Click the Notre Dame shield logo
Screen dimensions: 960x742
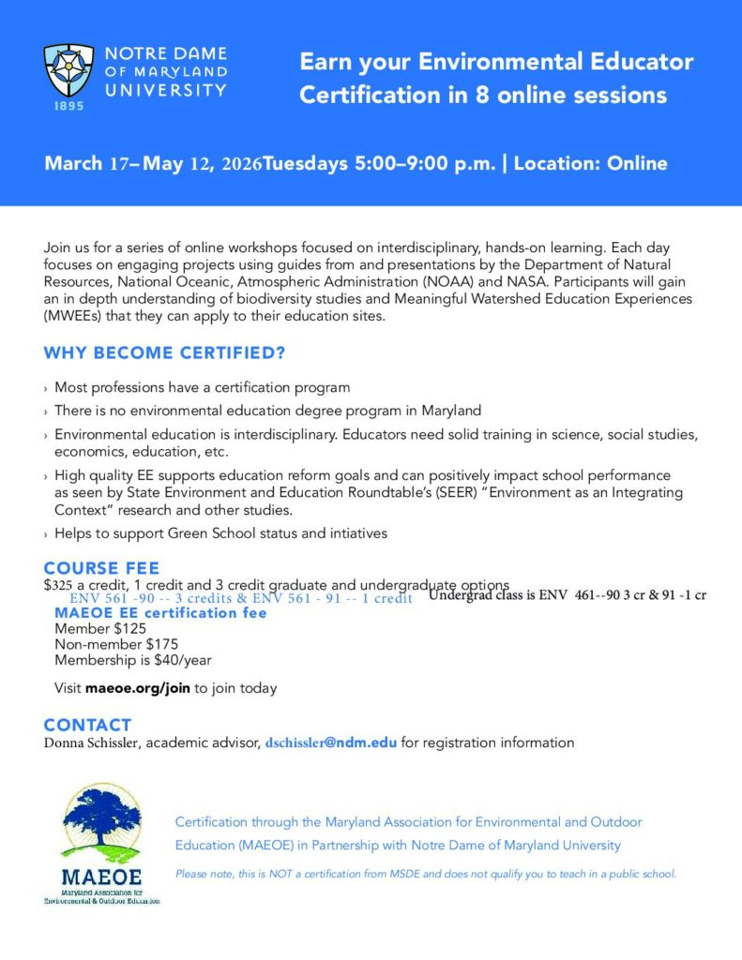[68, 70]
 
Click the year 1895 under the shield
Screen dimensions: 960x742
[68, 107]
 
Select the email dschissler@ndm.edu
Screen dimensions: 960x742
[331, 742]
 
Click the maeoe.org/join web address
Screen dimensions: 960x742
[138, 688]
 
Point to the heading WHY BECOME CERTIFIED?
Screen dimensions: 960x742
[164, 353]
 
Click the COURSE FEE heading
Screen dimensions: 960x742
[101, 568]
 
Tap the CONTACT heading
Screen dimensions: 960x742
[87, 725]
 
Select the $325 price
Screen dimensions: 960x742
[57, 584]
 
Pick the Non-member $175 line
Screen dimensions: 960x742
[116, 644]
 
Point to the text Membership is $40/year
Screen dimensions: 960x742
[133, 659]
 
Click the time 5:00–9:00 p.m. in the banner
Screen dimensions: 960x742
[425, 163]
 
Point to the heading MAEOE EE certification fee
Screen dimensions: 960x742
[160, 612]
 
